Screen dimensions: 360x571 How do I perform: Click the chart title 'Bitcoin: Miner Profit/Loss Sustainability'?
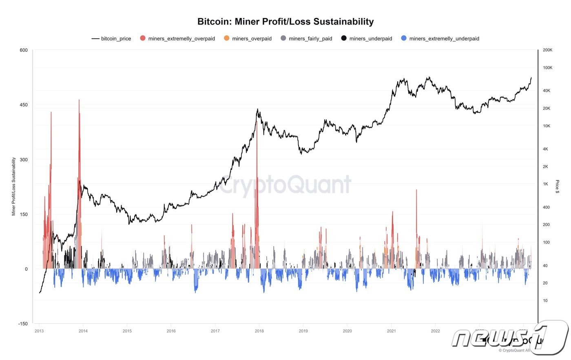285,22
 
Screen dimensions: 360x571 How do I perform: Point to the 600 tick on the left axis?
24,50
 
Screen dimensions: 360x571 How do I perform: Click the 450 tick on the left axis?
24,105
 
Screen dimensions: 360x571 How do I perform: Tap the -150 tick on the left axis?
23,324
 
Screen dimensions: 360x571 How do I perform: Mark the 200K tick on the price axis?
547,50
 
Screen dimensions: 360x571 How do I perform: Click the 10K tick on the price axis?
547,126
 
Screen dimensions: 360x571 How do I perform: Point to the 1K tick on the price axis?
546,184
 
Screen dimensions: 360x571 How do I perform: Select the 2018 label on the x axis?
259,331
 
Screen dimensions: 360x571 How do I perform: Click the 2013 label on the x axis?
39,331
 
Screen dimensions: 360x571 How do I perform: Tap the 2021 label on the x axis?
391,331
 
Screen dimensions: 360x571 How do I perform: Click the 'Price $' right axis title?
558,187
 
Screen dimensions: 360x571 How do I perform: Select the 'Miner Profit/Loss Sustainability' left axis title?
13,187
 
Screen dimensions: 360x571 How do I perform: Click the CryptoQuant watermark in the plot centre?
285,185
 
